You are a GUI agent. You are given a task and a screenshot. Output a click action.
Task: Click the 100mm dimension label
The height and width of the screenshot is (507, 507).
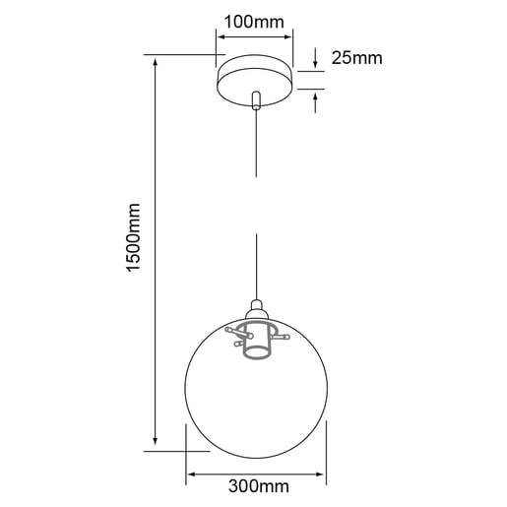[253, 21]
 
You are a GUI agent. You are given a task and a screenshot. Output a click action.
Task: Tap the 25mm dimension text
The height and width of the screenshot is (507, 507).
[355, 58]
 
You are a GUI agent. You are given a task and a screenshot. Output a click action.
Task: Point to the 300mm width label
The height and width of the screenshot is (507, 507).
[258, 486]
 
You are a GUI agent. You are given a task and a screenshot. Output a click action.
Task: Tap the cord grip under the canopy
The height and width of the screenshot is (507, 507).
[256, 100]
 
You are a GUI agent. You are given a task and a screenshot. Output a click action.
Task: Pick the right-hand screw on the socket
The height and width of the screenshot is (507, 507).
[285, 337]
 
